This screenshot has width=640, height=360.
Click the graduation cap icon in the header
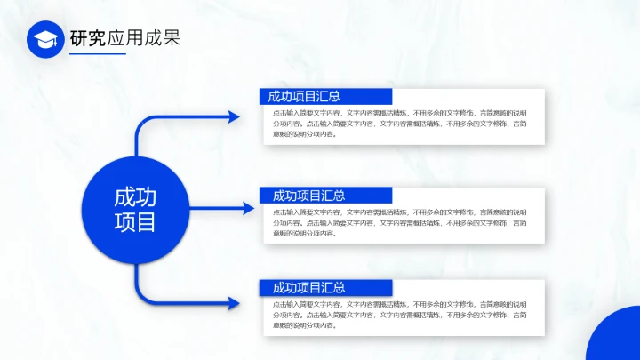click(45, 39)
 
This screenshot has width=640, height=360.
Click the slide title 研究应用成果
click(124, 38)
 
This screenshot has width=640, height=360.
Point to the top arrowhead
click(234, 116)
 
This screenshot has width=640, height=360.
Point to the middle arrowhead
click(250, 209)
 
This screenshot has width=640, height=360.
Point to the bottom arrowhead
click(234, 303)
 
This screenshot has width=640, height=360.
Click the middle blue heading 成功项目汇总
click(308, 196)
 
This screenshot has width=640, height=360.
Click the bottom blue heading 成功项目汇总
click(308, 288)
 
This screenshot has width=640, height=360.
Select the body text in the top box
click(399, 124)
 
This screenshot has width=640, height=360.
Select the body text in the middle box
click(399, 223)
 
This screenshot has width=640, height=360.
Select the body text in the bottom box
click(399, 315)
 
